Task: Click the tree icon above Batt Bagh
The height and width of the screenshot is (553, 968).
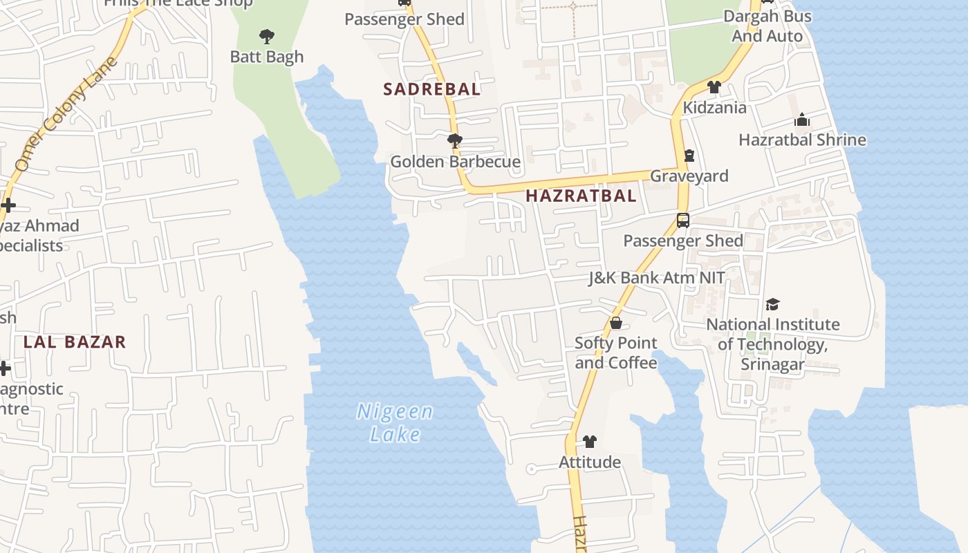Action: pos(266,36)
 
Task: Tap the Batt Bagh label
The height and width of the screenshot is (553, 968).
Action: pos(267,57)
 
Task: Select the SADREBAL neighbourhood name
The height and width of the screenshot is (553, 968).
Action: pos(431,89)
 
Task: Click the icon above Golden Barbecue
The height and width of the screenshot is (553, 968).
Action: pos(454,141)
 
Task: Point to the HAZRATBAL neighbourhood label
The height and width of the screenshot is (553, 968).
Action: pos(581,196)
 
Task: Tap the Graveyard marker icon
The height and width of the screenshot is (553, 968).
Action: pos(689,156)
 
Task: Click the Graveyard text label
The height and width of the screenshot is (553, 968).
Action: pos(689,176)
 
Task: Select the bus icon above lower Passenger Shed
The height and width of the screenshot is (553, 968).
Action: pos(683,221)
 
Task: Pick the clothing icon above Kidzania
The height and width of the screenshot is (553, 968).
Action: pos(714,87)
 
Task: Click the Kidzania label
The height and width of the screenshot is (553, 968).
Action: pos(714,108)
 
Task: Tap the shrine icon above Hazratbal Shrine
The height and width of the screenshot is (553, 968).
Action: pos(802,120)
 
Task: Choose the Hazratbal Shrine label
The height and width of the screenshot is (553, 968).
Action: pos(802,140)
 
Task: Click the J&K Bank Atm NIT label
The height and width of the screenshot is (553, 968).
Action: pos(656,278)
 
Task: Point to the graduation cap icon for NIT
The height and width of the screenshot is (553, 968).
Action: pos(772,304)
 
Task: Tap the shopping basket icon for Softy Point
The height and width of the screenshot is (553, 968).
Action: pos(615,323)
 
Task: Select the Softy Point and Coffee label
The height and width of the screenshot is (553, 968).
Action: pos(615,353)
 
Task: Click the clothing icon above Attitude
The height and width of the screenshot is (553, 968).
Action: pos(589,441)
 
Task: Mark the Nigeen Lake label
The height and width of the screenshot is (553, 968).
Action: pos(395,423)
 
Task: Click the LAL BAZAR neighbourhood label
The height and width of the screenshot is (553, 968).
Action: pos(75,341)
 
